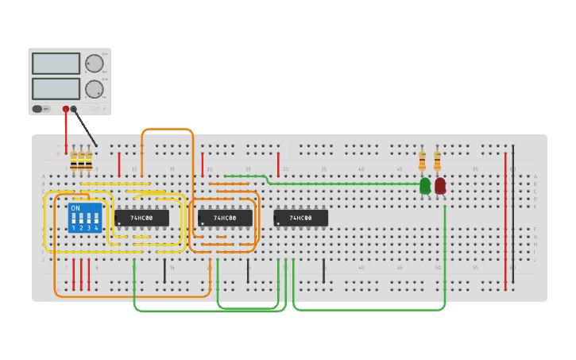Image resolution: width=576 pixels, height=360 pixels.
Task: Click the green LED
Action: pos(425,186)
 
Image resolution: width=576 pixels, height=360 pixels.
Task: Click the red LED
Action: pos(440,186)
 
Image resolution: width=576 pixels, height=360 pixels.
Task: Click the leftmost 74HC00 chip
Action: pos(142,218)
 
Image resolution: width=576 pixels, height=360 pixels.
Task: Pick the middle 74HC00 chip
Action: pos(225,218)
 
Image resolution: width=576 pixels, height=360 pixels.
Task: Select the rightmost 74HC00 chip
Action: pos(300,218)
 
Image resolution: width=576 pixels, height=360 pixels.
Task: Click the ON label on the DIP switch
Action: pos(75,208)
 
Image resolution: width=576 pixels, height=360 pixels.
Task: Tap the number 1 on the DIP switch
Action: pos(74,228)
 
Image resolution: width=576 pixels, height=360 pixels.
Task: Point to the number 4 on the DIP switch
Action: pos(97,228)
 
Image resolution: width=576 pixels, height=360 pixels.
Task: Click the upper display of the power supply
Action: pos(56,64)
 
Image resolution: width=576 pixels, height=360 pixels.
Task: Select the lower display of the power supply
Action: pos(56,88)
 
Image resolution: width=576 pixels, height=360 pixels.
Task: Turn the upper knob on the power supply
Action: pos(95,64)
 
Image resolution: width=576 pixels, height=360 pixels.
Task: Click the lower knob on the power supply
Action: pos(95,88)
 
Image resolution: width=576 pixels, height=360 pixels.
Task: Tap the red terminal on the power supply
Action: pos(66,110)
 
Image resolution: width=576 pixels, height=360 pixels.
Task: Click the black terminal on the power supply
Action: pos(74,110)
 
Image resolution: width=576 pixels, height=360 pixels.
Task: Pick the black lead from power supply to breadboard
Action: pos(86,129)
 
